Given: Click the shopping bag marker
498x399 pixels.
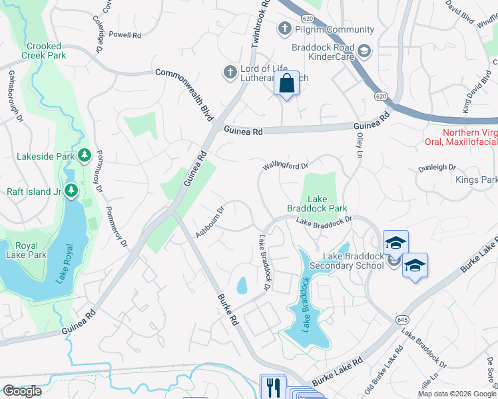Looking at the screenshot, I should pos(286,84).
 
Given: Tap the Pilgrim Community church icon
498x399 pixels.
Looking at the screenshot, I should pos(285,29).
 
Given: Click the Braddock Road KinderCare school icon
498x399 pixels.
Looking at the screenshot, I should pos(364,51).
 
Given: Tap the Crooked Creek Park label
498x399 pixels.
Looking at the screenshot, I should pos(46,51).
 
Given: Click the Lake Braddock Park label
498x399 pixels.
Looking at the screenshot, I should pos(317,203).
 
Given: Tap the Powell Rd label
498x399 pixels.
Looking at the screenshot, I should pos(124,34).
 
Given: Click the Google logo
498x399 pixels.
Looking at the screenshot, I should pos(22,391).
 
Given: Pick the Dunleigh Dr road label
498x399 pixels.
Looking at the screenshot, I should pos(437,168).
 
